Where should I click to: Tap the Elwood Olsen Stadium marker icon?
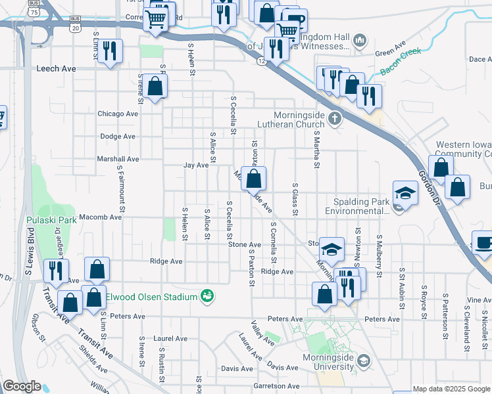tap(208, 297)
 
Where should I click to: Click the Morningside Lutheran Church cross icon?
tap(335, 119)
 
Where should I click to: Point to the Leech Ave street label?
tap(57, 68)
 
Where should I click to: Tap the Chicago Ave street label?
tap(118, 114)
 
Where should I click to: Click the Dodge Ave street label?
tap(118, 137)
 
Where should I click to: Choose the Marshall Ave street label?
tap(118, 159)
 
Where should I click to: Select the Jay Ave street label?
tap(196, 165)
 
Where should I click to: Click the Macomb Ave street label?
tap(101, 217)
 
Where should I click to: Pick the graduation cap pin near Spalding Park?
tap(406, 194)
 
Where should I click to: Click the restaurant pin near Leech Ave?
tap(111, 52)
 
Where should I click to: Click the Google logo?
tap(22, 386)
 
